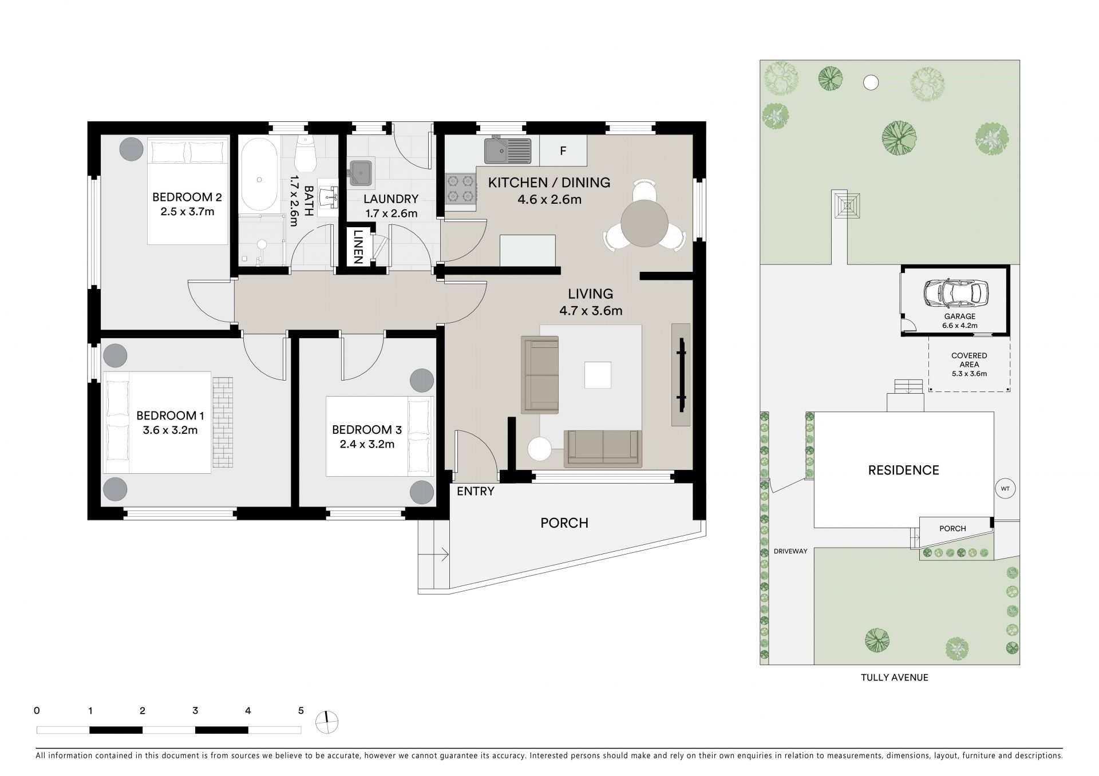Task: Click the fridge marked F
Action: click(x=563, y=151)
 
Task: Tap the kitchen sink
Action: click(x=507, y=151)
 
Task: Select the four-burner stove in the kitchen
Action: click(x=461, y=189)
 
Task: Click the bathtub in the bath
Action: click(x=260, y=176)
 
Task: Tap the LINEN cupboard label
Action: click(x=358, y=247)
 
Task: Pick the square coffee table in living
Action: click(x=598, y=375)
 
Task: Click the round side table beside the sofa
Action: click(x=540, y=449)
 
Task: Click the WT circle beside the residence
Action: click(x=1006, y=489)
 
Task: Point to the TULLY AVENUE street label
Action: click(x=895, y=678)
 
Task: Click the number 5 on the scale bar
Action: click(x=301, y=711)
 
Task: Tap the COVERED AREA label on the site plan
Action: click(x=969, y=360)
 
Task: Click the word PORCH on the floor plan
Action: click(x=564, y=522)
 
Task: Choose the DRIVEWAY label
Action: click(x=790, y=551)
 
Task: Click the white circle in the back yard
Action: click(x=871, y=83)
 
